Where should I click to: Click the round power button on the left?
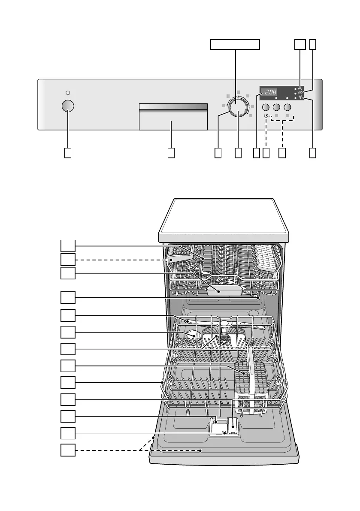click(67, 106)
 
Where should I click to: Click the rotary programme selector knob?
click(237, 107)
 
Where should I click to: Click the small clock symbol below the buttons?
click(266, 116)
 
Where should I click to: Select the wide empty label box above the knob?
click(235, 44)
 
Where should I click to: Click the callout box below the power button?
click(67, 153)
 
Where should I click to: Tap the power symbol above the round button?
click(67, 93)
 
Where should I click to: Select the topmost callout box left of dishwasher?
click(67, 245)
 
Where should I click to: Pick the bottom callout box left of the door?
click(67, 450)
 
